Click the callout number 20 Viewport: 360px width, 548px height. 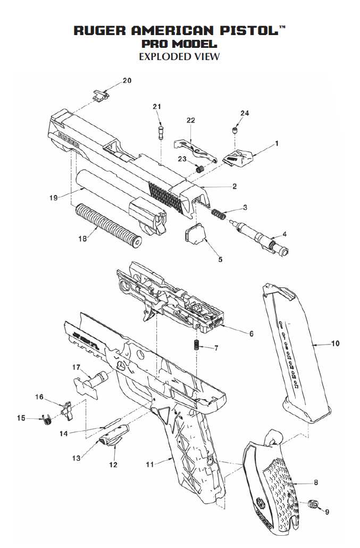tap(127, 81)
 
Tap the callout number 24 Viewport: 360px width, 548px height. tap(244, 113)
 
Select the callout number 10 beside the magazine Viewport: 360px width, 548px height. tap(334, 343)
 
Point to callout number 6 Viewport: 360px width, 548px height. tap(251, 334)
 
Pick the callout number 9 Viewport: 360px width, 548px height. tap(327, 512)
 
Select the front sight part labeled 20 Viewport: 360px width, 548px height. tap(99, 96)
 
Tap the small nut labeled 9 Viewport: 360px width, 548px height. tap(314, 504)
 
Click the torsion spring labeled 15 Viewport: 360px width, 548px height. tap(47, 419)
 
